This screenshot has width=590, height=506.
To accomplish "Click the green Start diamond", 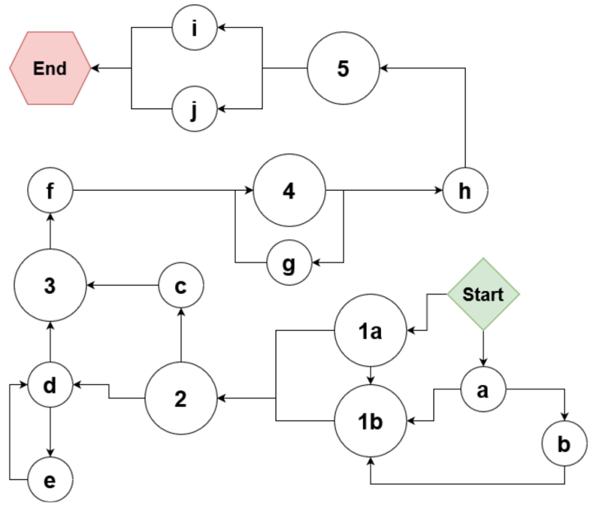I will [x=483, y=294].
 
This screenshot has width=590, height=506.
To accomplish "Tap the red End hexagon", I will [x=50, y=68].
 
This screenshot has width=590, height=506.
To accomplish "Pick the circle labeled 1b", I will [x=371, y=421].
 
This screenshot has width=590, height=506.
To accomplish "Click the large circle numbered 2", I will [x=181, y=398].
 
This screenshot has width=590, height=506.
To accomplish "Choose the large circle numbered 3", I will [x=50, y=286].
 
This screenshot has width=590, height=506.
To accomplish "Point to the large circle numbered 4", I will [x=289, y=190].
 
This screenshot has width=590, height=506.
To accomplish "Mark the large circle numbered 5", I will [x=343, y=68].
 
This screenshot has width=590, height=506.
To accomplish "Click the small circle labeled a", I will [x=483, y=390].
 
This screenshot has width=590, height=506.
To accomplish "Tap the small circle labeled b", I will [x=564, y=445].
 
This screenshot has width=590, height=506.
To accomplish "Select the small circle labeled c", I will [x=181, y=286].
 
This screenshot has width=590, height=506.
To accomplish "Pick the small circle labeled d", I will [x=50, y=385].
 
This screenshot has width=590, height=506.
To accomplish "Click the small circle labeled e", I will [x=50, y=480].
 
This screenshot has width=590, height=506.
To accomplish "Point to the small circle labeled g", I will [x=289, y=263].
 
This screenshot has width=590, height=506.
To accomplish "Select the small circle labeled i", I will [x=195, y=27].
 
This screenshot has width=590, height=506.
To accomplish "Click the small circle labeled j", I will [x=195, y=108].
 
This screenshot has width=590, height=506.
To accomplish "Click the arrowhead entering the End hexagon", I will [x=95, y=68].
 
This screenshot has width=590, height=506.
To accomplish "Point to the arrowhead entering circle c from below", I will [x=181, y=312].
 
